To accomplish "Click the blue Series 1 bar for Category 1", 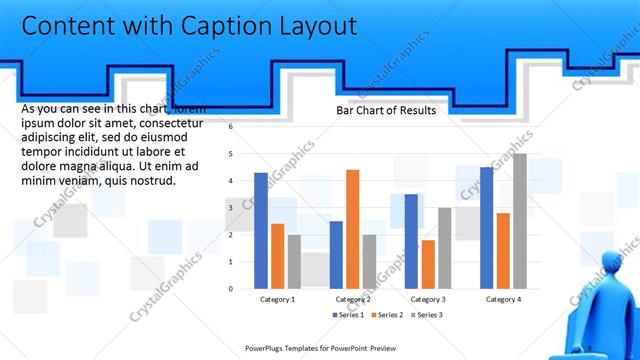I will coord(261,231).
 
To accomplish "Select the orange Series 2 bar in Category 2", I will coord(352,229).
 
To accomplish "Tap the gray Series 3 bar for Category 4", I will coord(519,221).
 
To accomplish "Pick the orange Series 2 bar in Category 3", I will coord(428,264).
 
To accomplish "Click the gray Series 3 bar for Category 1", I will coord(294,262).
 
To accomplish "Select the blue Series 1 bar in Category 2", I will coord(336,255).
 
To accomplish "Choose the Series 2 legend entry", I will coord(386,314).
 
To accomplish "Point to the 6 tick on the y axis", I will coord(230,127).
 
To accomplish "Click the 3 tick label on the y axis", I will coord(230,208).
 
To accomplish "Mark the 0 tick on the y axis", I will coord(230,289).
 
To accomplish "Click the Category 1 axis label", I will coord(277,299).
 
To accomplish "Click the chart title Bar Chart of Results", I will coord(386,111).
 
